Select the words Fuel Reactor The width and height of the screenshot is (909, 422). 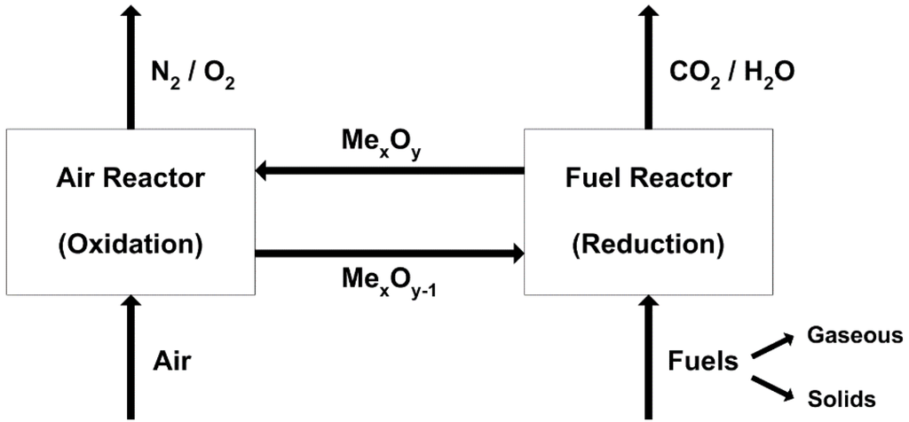[x=647, y=178]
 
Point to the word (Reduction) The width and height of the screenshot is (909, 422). [x=647, y=240]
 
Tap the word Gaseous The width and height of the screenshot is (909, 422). [x=854, y=335]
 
